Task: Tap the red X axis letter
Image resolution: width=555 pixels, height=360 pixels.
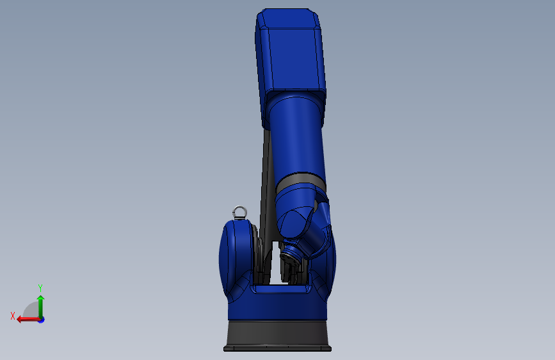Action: (x=13, y=316)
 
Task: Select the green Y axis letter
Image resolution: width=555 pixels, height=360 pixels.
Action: (x=40, y=288)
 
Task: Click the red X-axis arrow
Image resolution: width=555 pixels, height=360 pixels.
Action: (x=28, y=320)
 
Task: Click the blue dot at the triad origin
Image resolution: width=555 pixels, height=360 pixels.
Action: (x=42, y=320)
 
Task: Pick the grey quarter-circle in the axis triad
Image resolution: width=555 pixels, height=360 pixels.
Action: (x=31, y=311)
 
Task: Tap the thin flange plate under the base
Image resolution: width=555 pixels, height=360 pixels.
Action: (x=278, y=349)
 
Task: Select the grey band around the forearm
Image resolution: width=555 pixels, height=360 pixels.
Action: (x=301, y=181)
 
